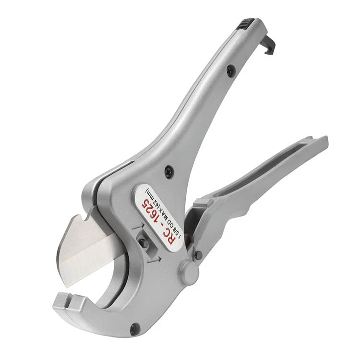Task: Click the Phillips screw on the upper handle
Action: click(231, 69)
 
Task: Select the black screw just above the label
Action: click(169, 171)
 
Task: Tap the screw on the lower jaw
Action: click(134, 329)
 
